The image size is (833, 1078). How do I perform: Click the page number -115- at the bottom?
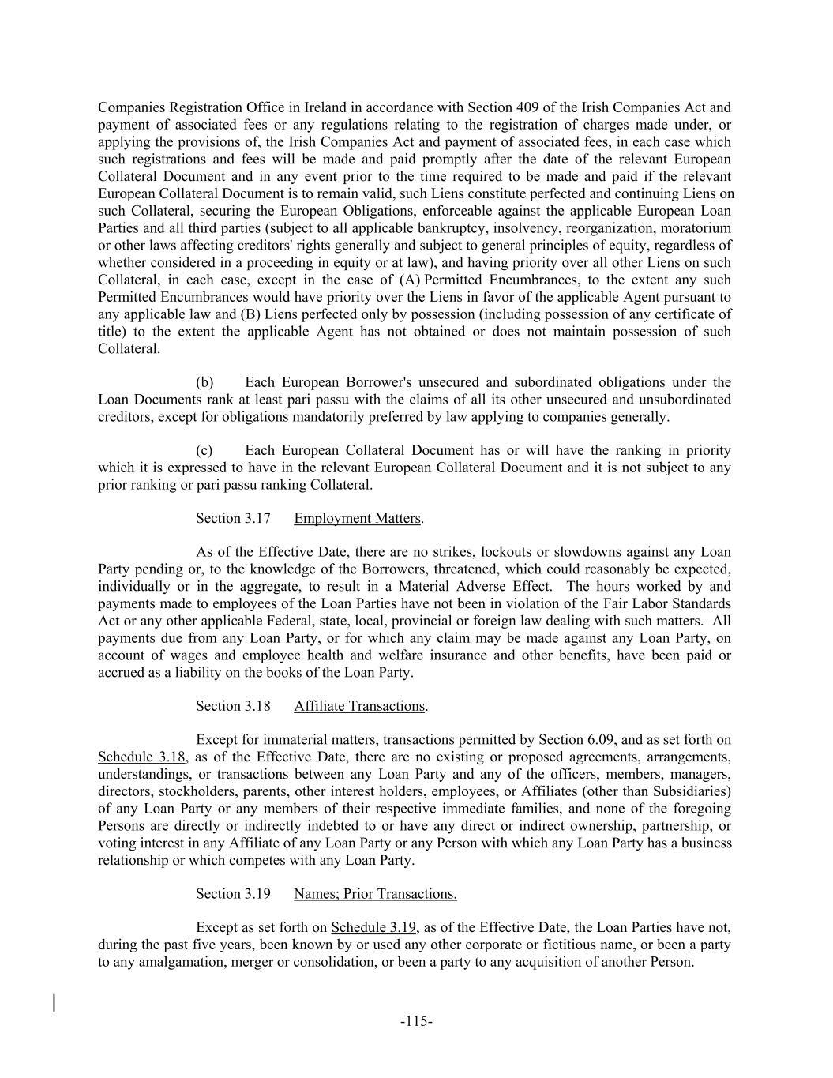pos(416,1021)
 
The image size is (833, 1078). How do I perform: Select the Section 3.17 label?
pos(233,518)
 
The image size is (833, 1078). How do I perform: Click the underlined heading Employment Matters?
pos(357,518)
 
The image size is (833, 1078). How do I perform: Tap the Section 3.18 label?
pos(233,706)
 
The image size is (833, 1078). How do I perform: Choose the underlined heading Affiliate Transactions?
pos(359,706)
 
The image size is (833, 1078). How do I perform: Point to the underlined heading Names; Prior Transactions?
pos(375,894)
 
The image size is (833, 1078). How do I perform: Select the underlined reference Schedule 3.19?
pos(373,928)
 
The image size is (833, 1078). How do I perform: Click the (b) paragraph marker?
pos(204,382)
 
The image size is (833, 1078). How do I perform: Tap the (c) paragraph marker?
pos(204,450)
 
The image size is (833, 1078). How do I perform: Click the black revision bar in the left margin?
pos(54,1003)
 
